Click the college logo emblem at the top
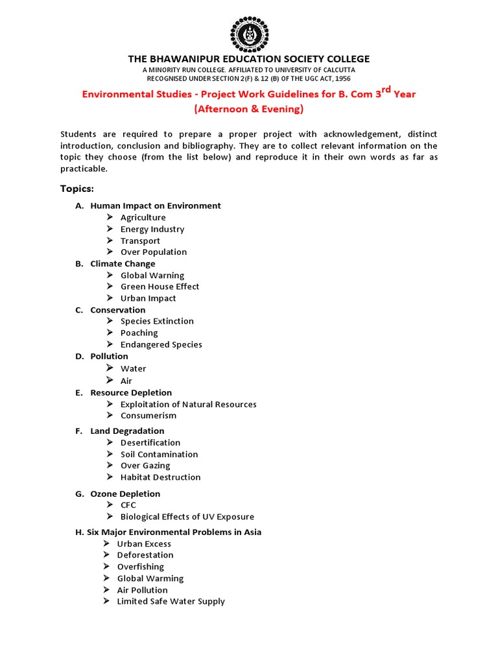(x=249, y=32)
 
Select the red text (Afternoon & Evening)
(x=249, y=109)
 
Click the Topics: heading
(x=77, y=189)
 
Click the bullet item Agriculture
(x=143, y=217)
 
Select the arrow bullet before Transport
(x=110, y=241)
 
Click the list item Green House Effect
(x=160, y=287)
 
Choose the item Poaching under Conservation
(x=139, y=333)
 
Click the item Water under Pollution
(x=133, y=368)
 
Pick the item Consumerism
(x=148, y=416)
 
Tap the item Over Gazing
(x=145, y=466)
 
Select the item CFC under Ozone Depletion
(x=128, y=505)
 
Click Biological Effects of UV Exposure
(x=187, y=517)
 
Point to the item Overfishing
(x=140, y=567)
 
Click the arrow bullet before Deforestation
(x=107, y=555)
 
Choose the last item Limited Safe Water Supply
(x=171, y=602)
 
